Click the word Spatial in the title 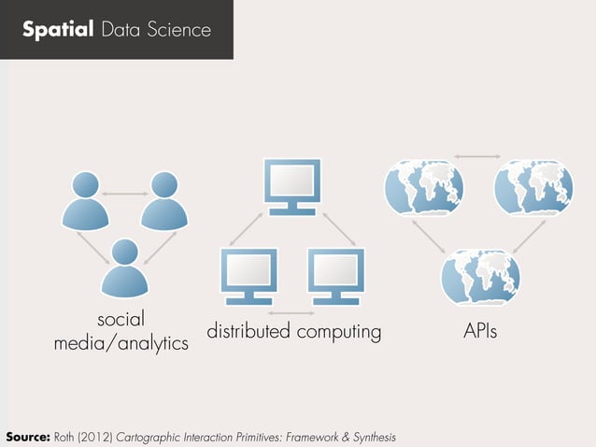57,31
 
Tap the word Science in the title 181,31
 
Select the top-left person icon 85,200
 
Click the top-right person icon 163,200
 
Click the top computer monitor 292,186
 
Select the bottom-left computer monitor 248,275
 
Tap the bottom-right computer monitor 337,275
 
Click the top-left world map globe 423,186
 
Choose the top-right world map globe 532,186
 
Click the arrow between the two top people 124,194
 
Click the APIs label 479,332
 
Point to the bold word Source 27,437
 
